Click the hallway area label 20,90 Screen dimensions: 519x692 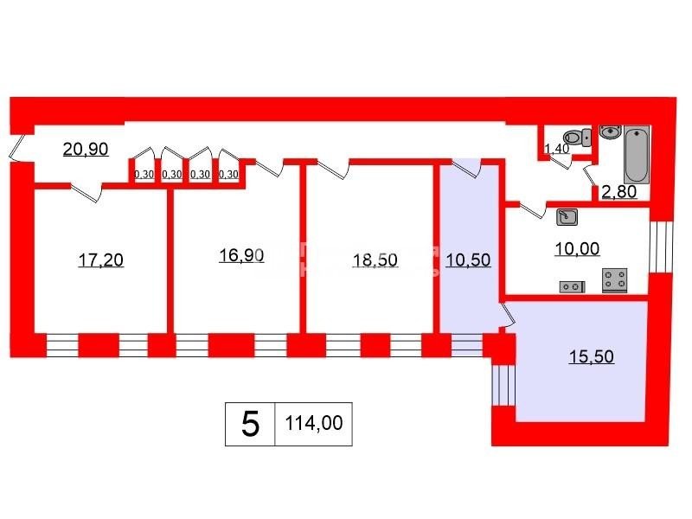pos(86,149)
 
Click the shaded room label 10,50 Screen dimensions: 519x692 pos(468,259)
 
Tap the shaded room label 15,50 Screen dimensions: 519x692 pos(591,356)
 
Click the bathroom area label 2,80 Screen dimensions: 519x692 pos(619,191)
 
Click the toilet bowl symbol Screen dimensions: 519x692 pos(573,137)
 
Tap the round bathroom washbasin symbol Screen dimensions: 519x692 pos(610,132)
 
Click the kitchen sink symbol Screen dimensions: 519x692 pos(567,215)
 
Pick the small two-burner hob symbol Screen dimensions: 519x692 pos(571,285)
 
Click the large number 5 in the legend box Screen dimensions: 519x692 pos(250,424)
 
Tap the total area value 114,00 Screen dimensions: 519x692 pos(313,424)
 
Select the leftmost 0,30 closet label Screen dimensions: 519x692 pos(144,174)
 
